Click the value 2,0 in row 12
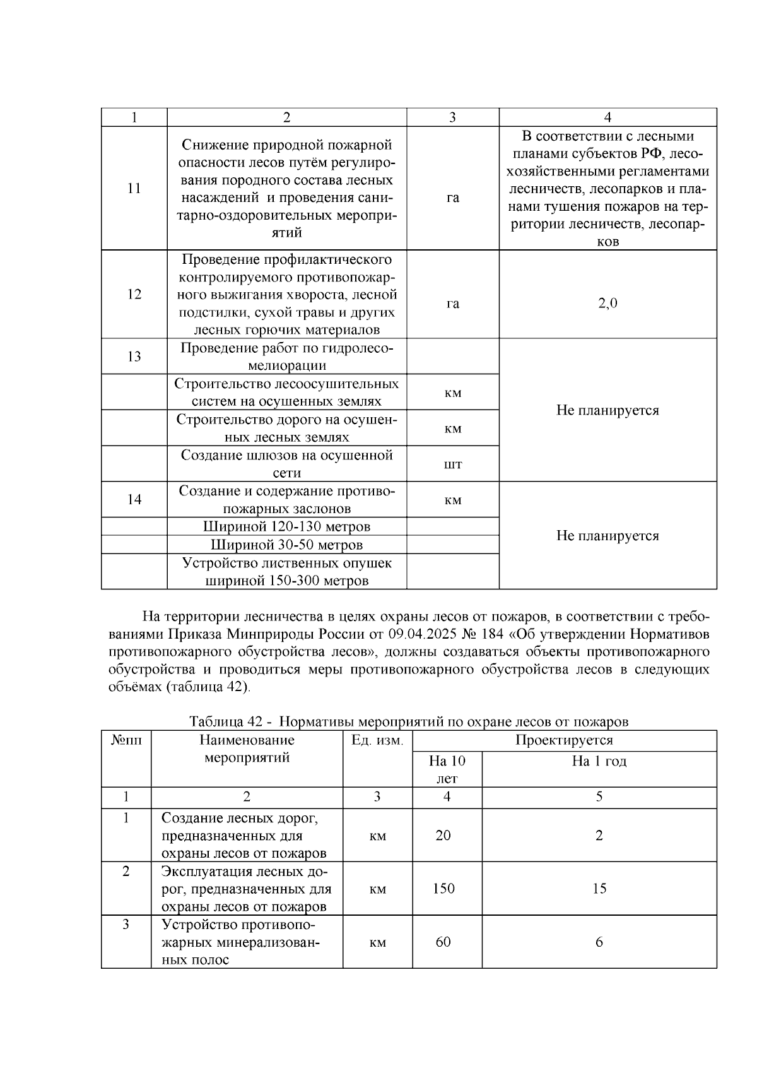(x=607, y=304)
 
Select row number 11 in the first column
(x=134, y=189)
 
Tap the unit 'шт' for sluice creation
(x=453, y=465)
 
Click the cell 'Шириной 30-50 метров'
(x=286, y=545)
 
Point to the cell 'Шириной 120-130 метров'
(x=286, y=527)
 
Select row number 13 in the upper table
(x=134, y=357)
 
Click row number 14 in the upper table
(x=134, y=500)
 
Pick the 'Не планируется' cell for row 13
(x=607, y=411)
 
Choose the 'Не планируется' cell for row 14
(x=607, y=536)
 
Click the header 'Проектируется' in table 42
(x=564, y=740)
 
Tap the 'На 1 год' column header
(x=599, y=761)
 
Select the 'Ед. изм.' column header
(x=377, y=740)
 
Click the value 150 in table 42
(x=443, y=889)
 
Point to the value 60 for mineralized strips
(x=443, y=942)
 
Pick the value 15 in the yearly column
(x=599, y=889)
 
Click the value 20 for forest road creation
(x=443, y=836)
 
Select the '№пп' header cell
(x=126, y=740)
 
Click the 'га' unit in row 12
(x=453, y=304)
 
